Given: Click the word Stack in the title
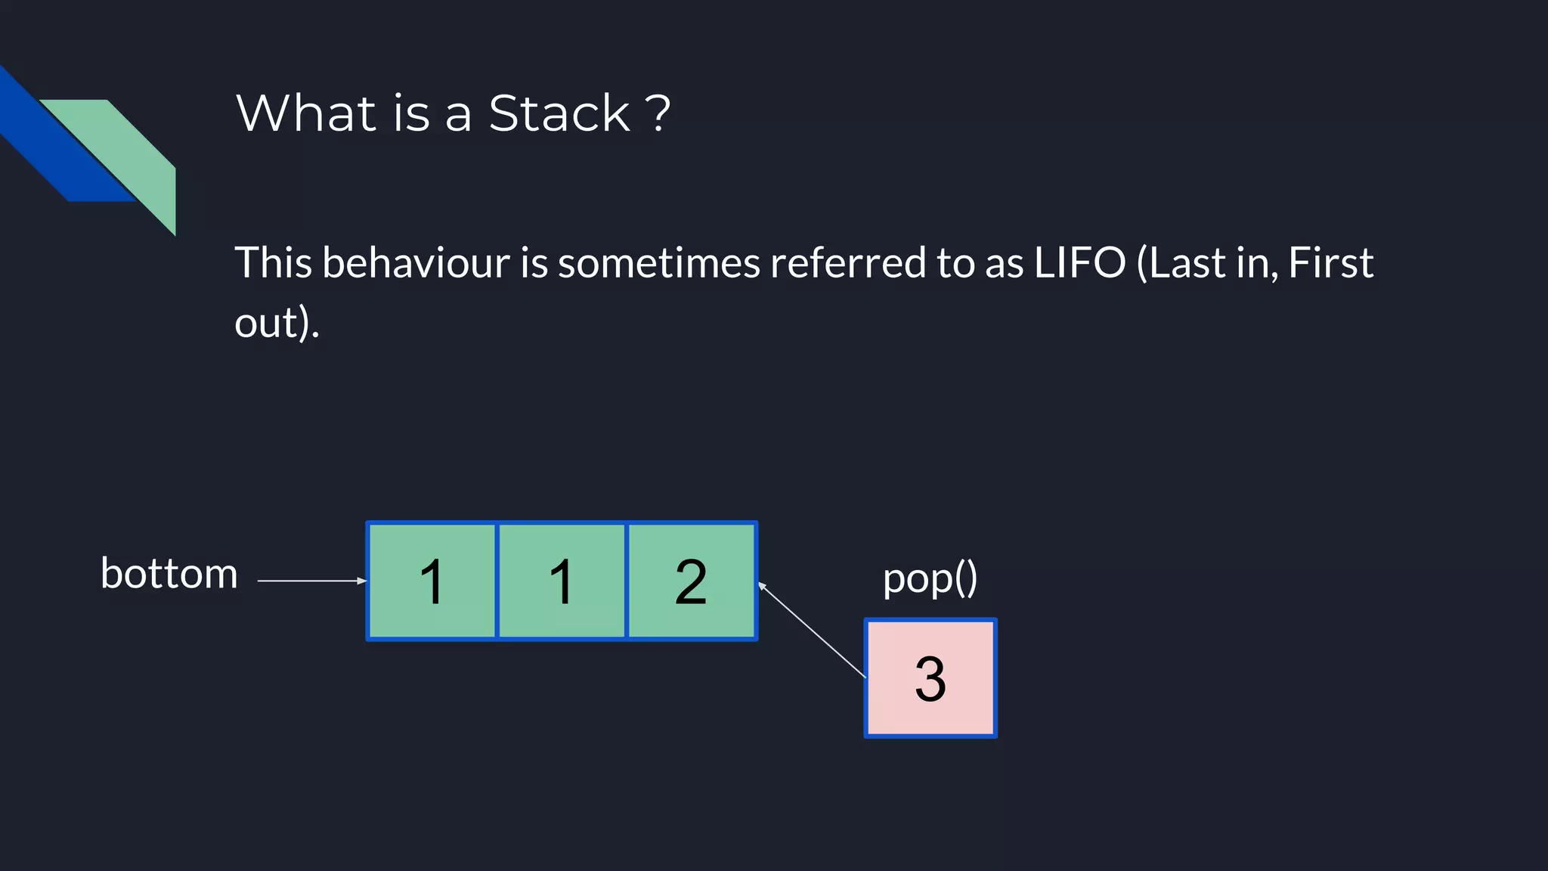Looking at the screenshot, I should pyautogui.click(x=559, y=113).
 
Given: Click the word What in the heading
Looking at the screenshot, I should pyautogui.click(x=305, y=113).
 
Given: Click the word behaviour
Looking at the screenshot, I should pyautogui.click(x=416, y=263).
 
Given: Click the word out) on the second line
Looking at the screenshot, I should pyautogui.click(x=277, y=323).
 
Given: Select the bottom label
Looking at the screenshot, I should pyautogui.click(x=169, y=574).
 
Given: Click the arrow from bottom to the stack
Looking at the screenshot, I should pyautogui.click(x=311, y=581).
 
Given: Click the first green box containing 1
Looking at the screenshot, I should pyautogui.click(x=432, y=581).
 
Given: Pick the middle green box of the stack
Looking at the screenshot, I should pyautogui.click(x=562, y=581).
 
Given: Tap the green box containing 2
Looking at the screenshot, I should pyautogui.click(x=691, y=581).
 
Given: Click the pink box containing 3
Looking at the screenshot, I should pyautogui.click(x=930, y=678).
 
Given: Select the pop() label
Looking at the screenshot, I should pyautogui.click(x=930, y=578).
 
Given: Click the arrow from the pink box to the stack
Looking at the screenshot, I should pyautogui.click(x=812, y=629).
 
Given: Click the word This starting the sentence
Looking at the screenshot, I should pyautogui.click(x=273, y=263).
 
